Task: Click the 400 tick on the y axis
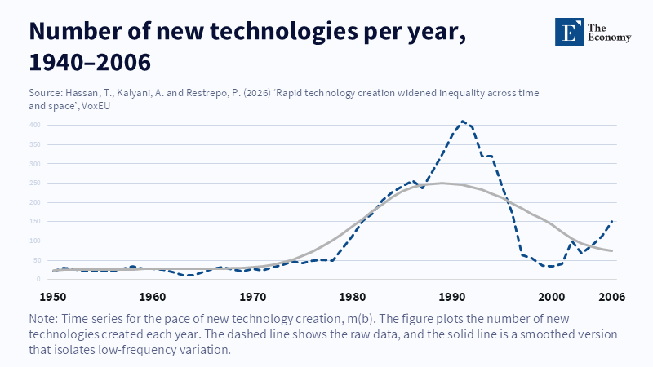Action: [34, 125]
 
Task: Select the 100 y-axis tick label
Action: [34, 241]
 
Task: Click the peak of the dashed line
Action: [463, 122]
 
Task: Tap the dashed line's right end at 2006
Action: [612, 221]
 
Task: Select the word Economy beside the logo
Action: [611, 38]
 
